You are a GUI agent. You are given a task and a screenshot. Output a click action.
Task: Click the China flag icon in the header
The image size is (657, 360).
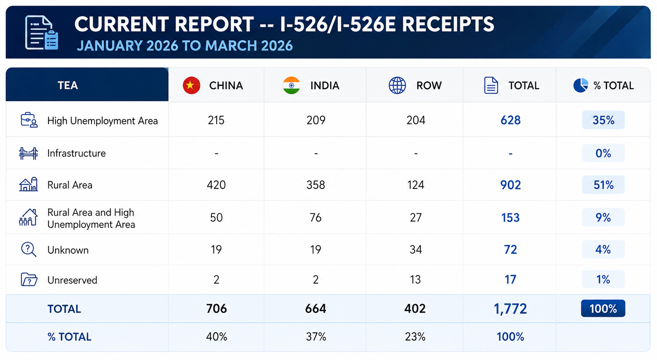191,85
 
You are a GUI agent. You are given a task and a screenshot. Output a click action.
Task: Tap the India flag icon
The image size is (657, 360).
291,85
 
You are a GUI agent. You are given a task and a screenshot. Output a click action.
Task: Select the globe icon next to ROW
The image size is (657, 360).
397,85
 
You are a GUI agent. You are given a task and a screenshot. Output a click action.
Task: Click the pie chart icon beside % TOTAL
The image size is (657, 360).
581,85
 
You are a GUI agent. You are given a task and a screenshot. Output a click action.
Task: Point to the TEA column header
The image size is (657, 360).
68,85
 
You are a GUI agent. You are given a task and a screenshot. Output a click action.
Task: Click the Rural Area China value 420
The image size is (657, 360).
216,185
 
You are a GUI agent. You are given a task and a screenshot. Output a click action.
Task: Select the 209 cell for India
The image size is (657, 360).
316,120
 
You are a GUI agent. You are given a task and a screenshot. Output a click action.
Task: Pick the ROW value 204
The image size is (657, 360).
416,120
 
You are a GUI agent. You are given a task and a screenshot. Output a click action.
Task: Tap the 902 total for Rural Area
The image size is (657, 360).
510,185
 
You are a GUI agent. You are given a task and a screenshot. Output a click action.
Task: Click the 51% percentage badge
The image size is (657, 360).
603,185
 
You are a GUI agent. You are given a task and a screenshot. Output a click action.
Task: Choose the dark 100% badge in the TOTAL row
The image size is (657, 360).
603,308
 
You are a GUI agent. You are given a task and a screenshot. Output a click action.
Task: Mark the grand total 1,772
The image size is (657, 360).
510,309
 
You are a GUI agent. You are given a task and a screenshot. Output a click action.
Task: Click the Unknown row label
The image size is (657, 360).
68,250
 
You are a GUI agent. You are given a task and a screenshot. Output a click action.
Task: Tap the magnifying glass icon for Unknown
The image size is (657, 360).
28,249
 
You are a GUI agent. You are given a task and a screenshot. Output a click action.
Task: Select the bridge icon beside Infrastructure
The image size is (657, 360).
28,153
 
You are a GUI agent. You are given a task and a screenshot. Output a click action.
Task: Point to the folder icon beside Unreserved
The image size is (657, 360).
29,279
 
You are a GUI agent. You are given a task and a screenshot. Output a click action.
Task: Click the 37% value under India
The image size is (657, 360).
316,336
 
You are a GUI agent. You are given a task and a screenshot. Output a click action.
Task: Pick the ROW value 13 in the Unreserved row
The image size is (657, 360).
415,279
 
